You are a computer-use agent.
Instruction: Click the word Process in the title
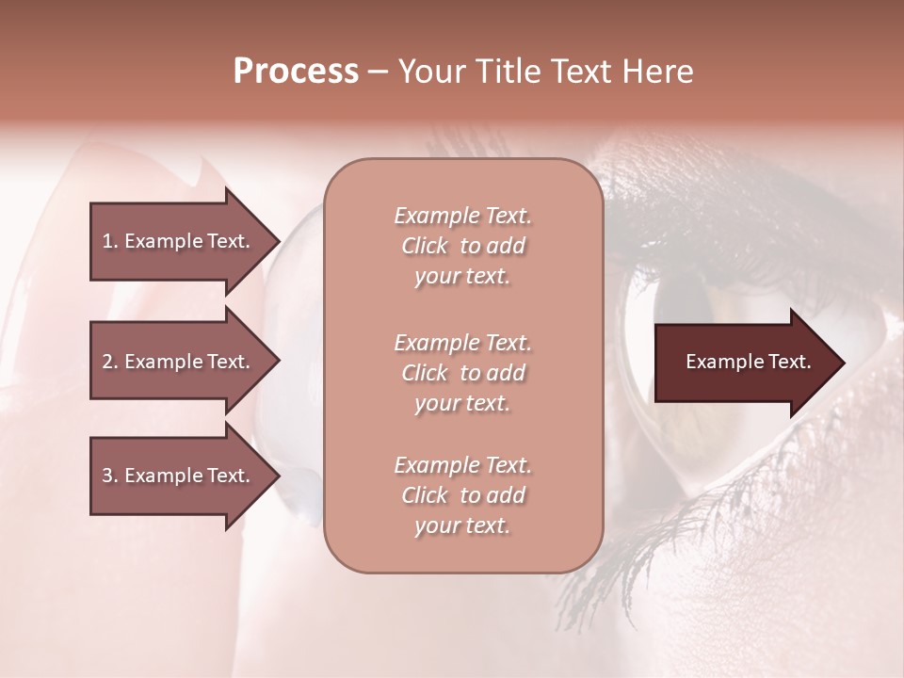point(296,72)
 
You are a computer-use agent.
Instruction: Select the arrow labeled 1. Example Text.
point(179,241)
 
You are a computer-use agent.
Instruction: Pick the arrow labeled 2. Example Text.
point(179,362)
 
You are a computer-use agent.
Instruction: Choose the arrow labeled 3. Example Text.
point(179,476)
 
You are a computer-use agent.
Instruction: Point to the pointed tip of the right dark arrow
point(842,363)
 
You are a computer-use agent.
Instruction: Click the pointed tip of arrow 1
point(277,241)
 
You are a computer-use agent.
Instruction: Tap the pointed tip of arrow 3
point(277,476)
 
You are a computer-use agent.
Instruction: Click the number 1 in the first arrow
point(107,241)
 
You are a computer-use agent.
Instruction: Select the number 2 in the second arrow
point(107,362)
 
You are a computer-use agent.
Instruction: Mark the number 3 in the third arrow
point(107,476)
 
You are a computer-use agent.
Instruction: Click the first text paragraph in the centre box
point(462,246)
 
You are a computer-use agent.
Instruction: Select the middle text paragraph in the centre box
point(462,373)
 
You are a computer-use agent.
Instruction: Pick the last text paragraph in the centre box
point(462,495)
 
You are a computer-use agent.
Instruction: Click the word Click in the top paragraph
point(424,246)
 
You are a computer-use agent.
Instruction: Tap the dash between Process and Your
point(378,73)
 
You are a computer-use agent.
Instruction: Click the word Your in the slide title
point(428,72)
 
